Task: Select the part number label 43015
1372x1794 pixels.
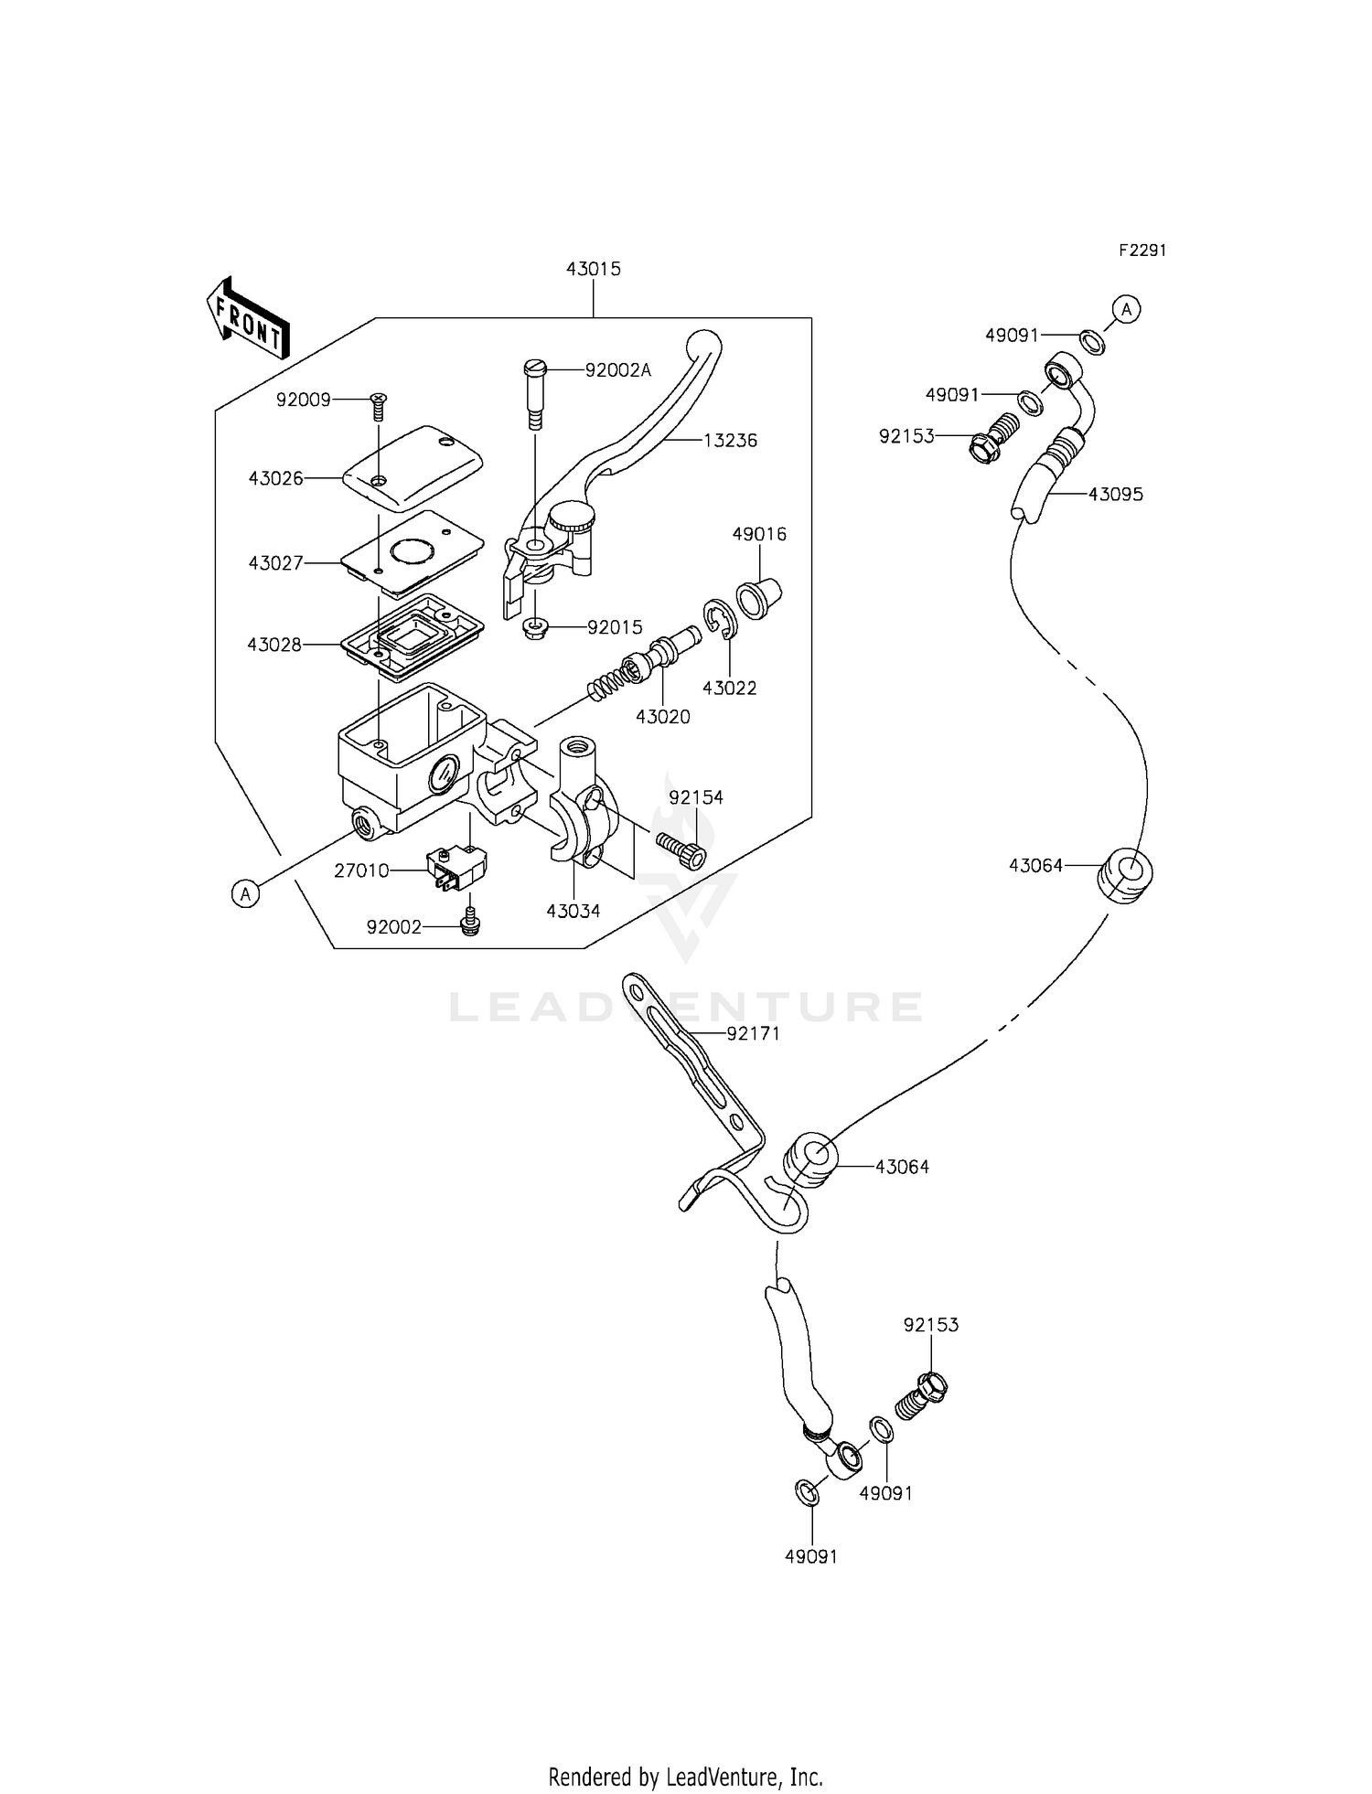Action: (593, 269)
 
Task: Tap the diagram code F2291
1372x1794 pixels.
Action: (1142, 251)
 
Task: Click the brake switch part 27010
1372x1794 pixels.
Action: (456, 868)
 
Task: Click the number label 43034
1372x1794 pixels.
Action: (573, 911)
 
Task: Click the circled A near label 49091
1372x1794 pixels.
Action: (1127, 310)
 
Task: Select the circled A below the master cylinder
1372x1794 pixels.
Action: (244, 894)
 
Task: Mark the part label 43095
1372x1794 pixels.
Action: (1115, 494)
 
